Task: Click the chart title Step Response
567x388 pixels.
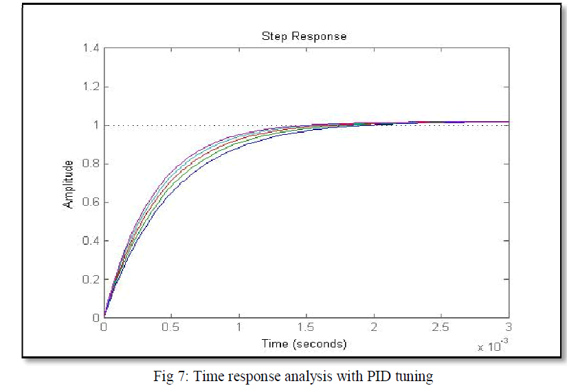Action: (304, 36)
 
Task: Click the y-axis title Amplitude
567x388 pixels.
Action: (69, 184)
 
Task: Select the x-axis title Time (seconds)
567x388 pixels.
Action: (303, 343)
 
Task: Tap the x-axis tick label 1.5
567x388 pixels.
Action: (306, 328)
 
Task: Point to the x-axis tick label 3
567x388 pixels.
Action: (508, 328)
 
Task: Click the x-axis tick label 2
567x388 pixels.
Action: (373, 328)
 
